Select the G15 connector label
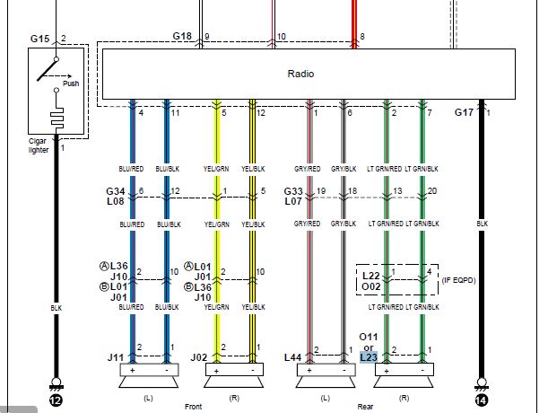pyautogui.click(x=39, y=40)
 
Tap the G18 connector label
pyautogui.click(x=182, y=37)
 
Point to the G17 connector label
pyautogui.click(x=464, y=112)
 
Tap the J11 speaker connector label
pyautogui.click(x=116, y=356)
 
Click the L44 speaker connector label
pyautogui.click(x=292, y=356)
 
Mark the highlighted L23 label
pyautogui.click(x=369, y=356)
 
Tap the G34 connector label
pyautogui.click(x=115, y=190)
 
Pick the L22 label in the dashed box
pyautogui.click(x=370, y=274)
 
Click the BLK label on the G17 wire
pyautogui.click(x=482, y=224)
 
